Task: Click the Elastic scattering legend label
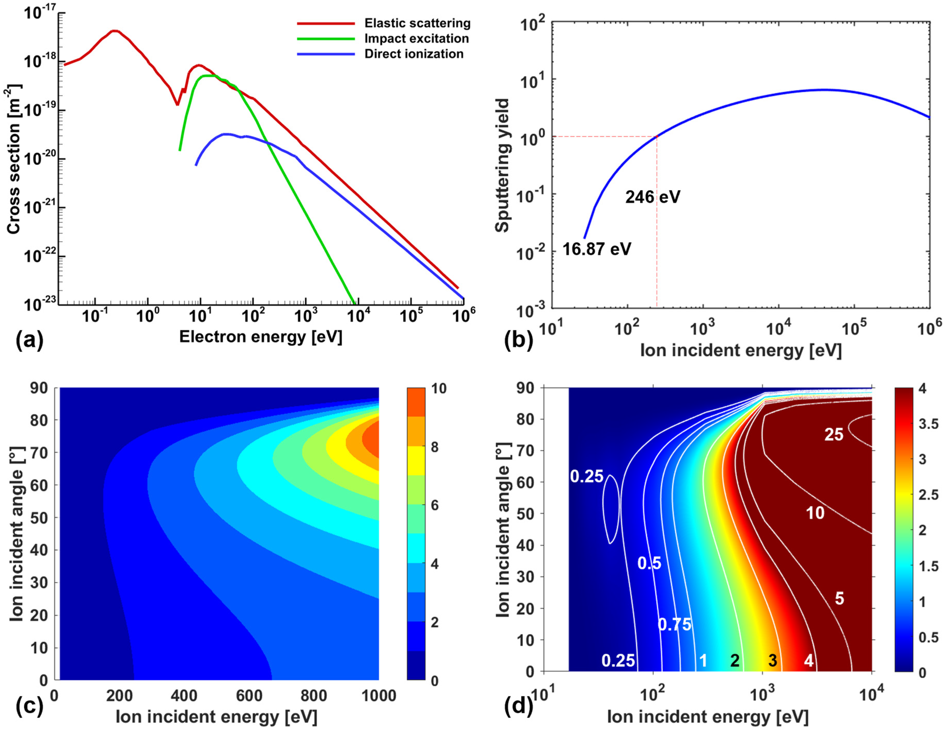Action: tap(417, 23)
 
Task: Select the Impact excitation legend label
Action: tap(416, 38)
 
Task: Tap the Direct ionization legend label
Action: tap(414, 54)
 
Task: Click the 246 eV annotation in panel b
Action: tap(652, 197)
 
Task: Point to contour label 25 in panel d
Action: tap(833, 434)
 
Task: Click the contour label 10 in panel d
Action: tap(815, 513)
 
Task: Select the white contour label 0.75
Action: tap(674, 624)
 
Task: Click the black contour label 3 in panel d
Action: tap(772, 660)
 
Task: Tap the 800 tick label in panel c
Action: tap(313, 696)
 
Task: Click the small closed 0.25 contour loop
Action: tap(611, 509)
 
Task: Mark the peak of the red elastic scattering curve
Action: tap(115, 31)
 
